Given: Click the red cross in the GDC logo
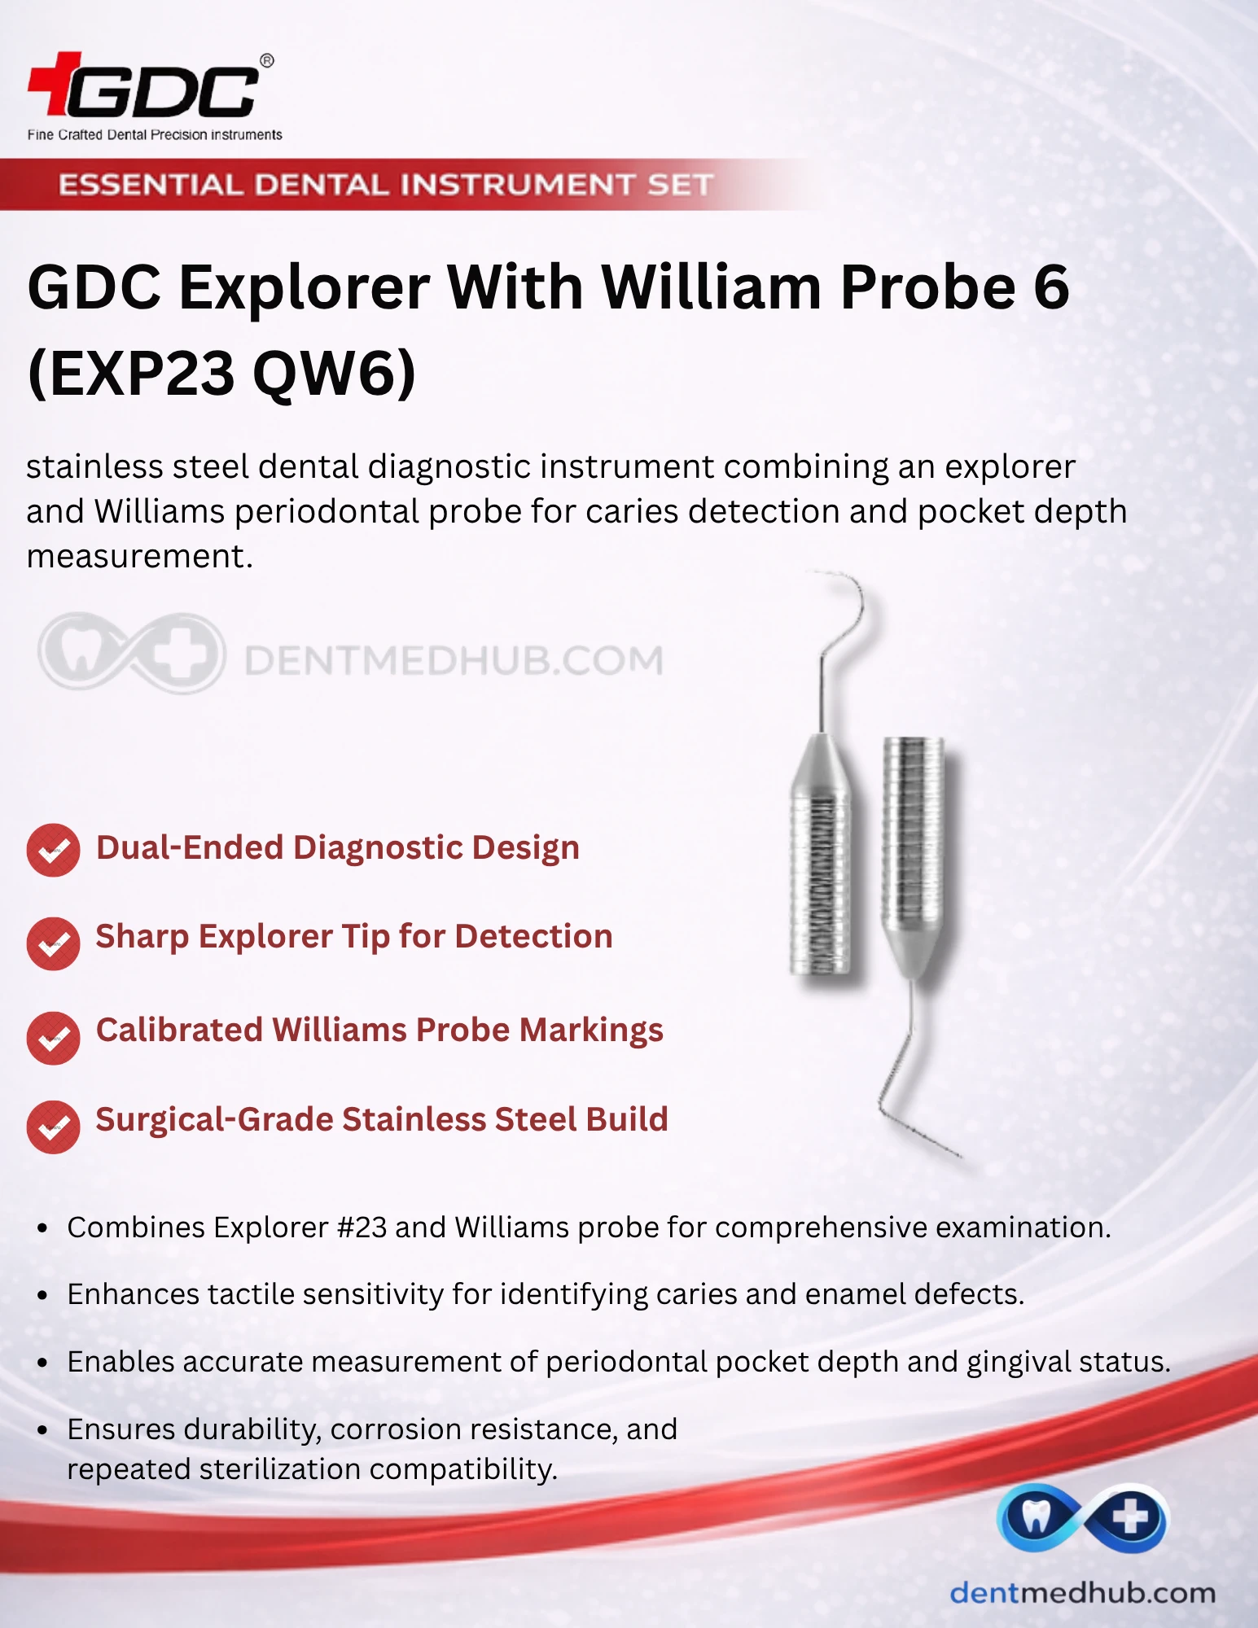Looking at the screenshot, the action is (55, 83).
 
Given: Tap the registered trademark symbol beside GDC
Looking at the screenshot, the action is (266, 61).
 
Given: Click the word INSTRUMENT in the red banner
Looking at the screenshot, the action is (519, 185).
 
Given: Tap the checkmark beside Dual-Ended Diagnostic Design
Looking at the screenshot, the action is (53, 851).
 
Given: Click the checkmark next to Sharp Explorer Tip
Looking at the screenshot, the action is (53, 943).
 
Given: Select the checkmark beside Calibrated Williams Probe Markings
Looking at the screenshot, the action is (53, 1038).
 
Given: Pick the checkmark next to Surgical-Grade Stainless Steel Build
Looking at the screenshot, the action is (53, 1127).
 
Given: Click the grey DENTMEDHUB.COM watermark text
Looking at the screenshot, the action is (454, 660).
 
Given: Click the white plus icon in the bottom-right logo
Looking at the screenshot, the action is (1130, 1516).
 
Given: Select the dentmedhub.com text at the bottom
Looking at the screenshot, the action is (1083, 1593).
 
